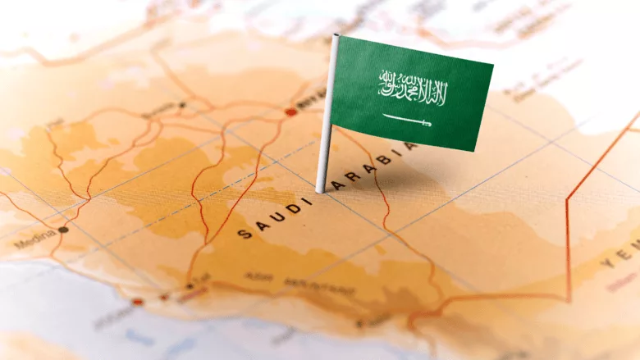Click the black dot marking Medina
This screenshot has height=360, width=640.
(63, 230)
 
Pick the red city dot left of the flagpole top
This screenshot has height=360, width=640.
(290, 112)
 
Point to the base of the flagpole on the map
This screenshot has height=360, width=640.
(320, 189)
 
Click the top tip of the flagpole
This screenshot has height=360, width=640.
(335, 37)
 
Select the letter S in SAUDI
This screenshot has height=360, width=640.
(243, 234)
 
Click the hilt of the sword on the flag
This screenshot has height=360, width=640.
(427, 124)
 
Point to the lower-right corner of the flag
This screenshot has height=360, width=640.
(478, 151)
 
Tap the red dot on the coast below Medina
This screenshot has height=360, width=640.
(138, 301)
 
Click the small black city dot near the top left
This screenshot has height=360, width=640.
(182, 105)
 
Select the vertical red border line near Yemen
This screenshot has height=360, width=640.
(568, 238)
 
